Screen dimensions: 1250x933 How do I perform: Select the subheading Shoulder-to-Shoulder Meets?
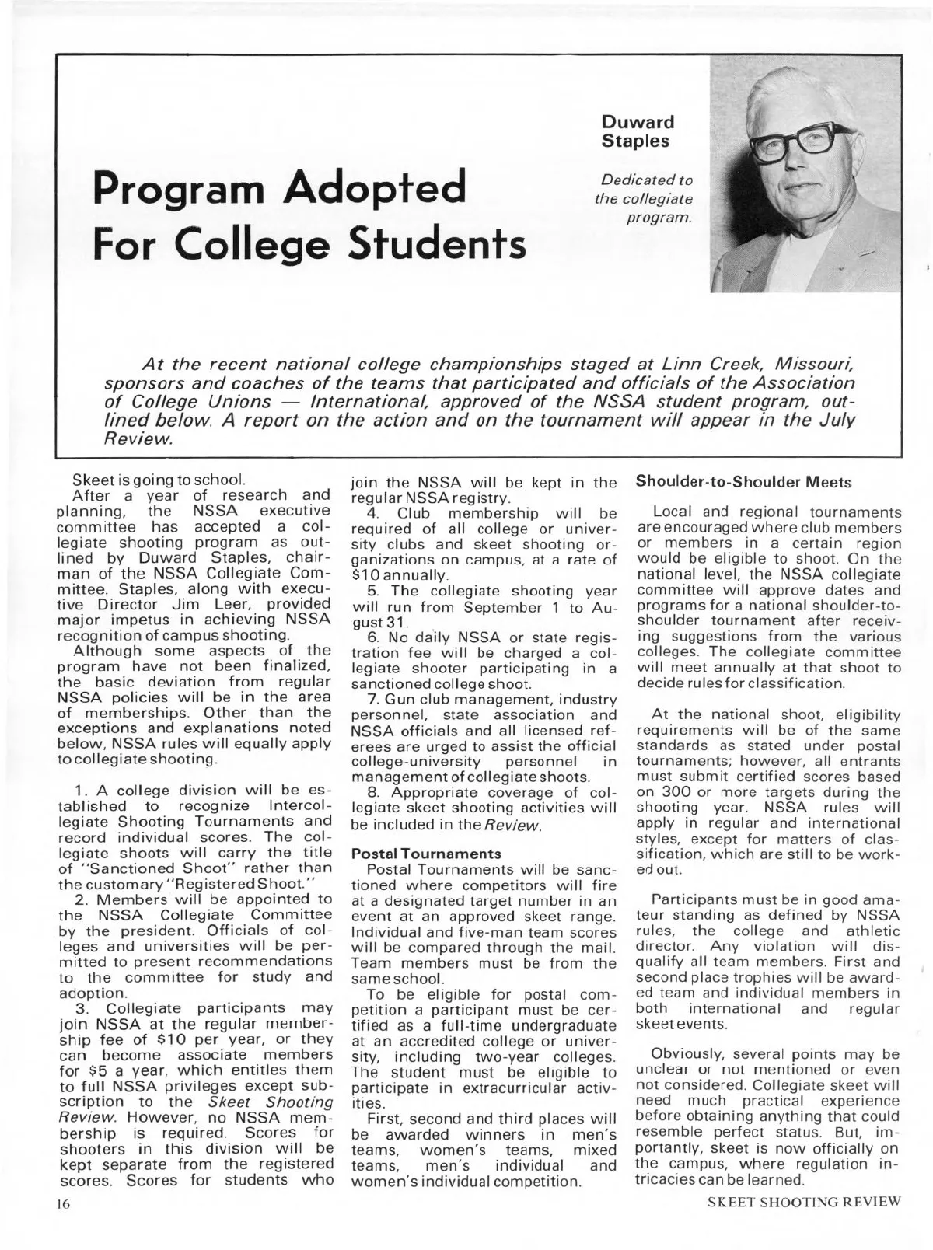point(736,482)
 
